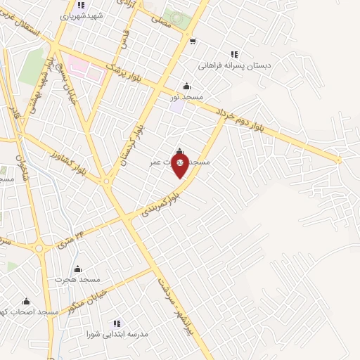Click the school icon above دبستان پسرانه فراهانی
coord(234,54)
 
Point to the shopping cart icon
coord(193,41)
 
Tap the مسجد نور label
coord(186,97)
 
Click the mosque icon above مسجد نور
coord(186,86)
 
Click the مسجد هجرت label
coord(70,279)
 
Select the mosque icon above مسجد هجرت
coord(77,269)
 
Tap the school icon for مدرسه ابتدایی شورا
coord(117,323)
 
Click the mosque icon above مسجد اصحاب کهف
coord(27,301)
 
